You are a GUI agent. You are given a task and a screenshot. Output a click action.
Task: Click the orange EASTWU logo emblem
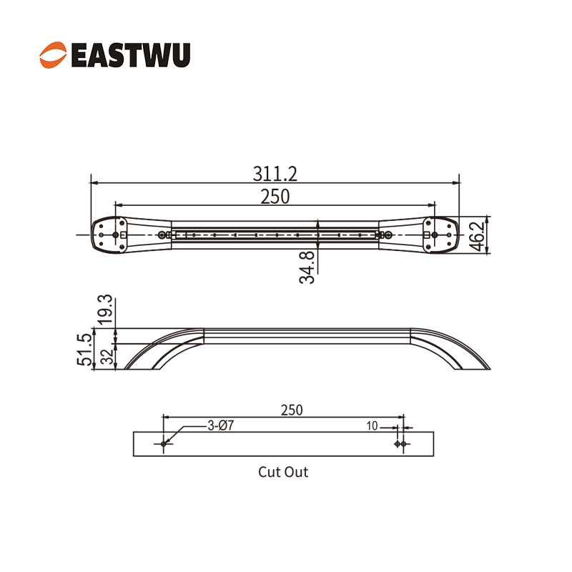53,55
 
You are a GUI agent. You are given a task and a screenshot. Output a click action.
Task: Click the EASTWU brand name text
131,55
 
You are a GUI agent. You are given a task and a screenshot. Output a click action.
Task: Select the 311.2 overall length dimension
275,174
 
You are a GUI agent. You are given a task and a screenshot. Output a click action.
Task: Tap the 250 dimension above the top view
275,197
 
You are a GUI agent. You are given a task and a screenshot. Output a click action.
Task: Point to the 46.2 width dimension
478,236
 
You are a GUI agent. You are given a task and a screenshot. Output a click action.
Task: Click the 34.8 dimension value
307,267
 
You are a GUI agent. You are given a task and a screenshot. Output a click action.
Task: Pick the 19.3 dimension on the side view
105,310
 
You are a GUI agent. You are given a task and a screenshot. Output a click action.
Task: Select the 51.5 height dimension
84,350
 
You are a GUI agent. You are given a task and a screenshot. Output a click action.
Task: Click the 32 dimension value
107,357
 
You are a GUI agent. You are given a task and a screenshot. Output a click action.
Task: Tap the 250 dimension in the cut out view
292,410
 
